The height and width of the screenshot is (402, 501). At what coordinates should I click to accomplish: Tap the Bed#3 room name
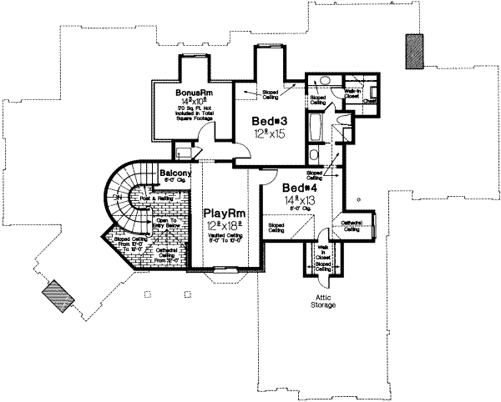(x=271, y=121)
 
